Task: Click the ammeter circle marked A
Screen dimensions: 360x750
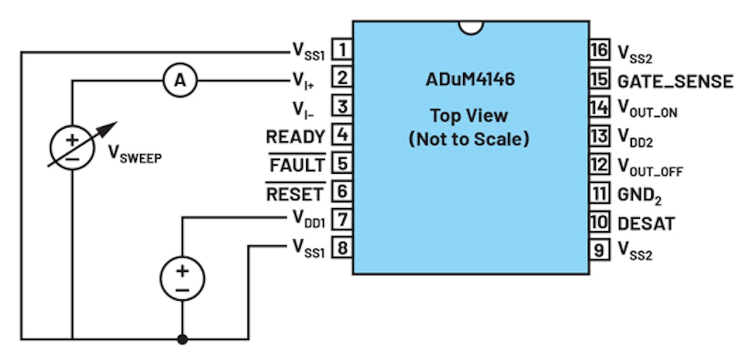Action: pyautogui.click(x=180, y=80)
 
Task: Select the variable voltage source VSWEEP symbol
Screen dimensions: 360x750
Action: pyautogui.click(x=72, y=146)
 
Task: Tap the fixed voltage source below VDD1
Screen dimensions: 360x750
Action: pyautogui.click(x=182, y=278)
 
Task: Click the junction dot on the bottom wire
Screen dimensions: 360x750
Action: pyautogui.click(x=182, y=339)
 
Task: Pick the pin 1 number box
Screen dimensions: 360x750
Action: pyautogui.click(x=342, y=49)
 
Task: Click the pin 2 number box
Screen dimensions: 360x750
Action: pyautogui.click(x=342, y=78)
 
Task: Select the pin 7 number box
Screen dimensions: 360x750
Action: pyautogui.click(x=342, y=220)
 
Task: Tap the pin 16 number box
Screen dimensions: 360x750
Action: pyautogui.click(x=599, y=50)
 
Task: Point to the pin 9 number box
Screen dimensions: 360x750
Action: pyautogui.click(x=599, y=250)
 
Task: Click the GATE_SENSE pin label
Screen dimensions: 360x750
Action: pyautogui.click(x=675, y=81)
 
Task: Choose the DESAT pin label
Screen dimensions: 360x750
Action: pyautogui.click(x=646, y=223)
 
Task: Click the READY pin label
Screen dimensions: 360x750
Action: pyautogui.click(x=295, y=136)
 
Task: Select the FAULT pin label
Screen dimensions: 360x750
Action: pyautogui.click(x=297, y=165)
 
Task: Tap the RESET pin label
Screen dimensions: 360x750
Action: pyautogui.click(x=295, y=194)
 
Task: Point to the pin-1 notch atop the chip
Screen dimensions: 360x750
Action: pyautogui.click(x=470, y=27)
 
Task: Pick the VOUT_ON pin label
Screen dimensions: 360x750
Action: pyautogui.click(x=647, y=110)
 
